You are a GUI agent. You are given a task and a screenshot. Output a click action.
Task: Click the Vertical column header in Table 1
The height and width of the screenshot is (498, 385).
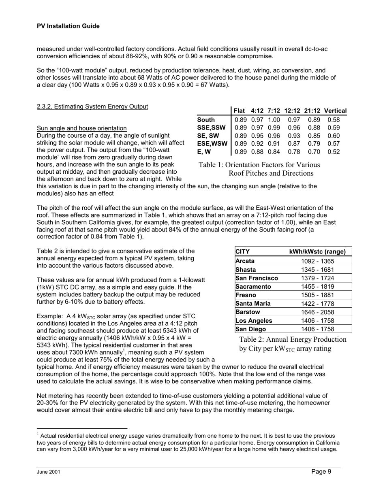335,111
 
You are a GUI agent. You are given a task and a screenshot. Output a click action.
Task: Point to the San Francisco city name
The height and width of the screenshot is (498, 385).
257,278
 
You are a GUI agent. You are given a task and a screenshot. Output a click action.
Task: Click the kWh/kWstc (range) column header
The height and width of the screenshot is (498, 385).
317,251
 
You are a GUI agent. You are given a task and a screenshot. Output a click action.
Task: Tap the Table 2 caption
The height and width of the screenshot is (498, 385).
293,344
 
